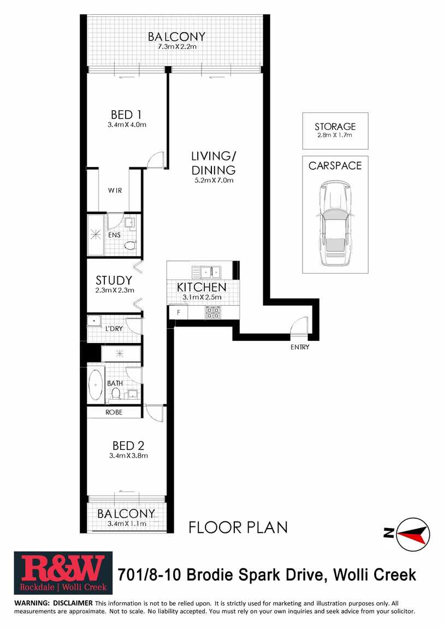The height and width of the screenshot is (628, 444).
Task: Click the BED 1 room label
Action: tap(126, 115)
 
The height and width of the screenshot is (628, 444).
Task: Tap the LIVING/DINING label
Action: tap(214, 163)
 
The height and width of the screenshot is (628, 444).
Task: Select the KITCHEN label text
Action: tap(202, 287)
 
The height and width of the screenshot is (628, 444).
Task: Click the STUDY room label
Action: tap(114, 280)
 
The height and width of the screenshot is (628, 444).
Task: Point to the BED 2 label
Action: tap(128, 446)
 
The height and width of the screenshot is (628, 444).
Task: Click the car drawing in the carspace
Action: tap(335, 223)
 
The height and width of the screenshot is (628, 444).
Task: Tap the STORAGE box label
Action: tap(335, 127)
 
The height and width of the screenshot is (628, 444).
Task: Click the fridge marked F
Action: tap(179, 312)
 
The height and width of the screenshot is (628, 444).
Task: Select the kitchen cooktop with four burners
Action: tap(213, 312)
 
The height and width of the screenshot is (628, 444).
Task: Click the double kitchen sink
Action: tap(210, 272)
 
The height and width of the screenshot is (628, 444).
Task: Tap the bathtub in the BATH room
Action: tap(95, 385)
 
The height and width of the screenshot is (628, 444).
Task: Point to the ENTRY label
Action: tap(300, 347)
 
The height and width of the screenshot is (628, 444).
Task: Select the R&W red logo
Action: tap(63, 573)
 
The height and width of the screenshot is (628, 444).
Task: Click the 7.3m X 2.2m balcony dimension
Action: tap(176, 46)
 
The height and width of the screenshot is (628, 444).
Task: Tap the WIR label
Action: tap(115, 191)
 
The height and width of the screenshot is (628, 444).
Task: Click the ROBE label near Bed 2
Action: tap(114, 412)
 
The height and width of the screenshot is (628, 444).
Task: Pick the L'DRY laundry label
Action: tap(114, 328)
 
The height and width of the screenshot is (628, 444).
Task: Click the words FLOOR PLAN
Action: tap(238, 528)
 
